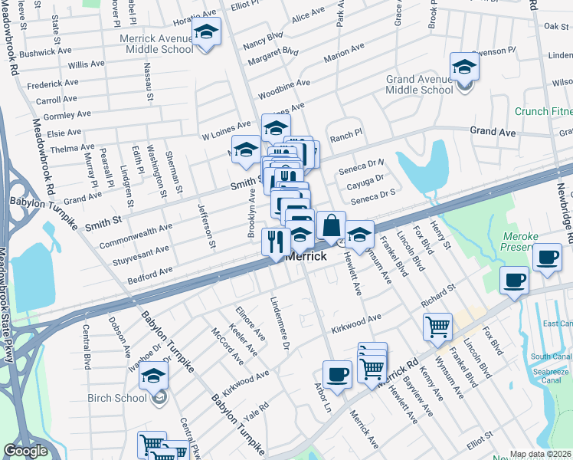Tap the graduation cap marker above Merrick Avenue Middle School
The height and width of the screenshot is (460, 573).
(x=206, y=32)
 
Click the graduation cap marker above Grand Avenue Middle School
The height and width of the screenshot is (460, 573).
(x=463, y=67)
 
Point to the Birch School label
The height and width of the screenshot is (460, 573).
(x=124, y=397)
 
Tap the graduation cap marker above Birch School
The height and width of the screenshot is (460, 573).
(x=153, y=376)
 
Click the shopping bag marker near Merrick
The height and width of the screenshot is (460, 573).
(x=331, y=226)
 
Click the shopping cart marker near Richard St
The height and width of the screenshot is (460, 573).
(x=437, y=327)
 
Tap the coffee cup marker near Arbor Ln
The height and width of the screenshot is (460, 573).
(x=337, y=374)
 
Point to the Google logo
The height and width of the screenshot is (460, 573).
(x=25, y=451)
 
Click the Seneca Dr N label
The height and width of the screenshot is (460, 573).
(x=367, y=163)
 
